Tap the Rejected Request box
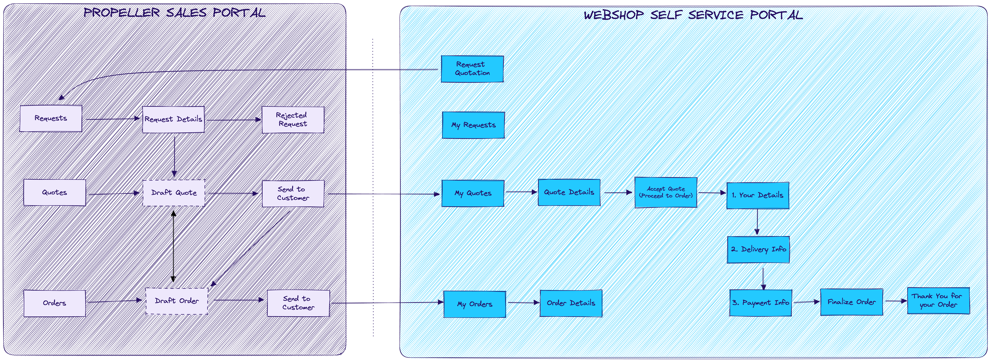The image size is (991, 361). coord(293,120)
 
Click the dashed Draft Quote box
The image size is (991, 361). coord(174,193)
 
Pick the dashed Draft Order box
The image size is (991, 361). coord(177,301)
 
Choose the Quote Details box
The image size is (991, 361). coord(569,192)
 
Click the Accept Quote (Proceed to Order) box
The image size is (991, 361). coord(665,192)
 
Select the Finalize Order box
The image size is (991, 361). coord(851,302)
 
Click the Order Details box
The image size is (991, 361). coord(571,303)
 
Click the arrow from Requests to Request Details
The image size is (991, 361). coord(112,119)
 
